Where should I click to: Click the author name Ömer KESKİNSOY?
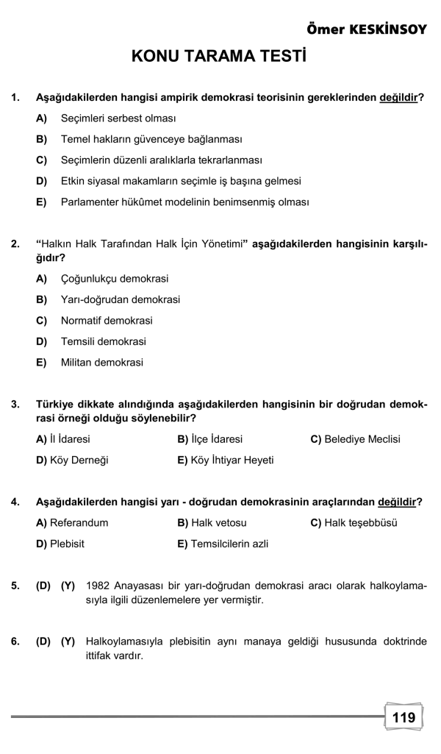[x=365, y=29]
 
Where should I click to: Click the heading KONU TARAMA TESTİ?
[x=219, y=58]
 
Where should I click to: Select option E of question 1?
[x=184, y=202]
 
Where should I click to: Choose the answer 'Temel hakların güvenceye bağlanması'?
[x=151, y=139]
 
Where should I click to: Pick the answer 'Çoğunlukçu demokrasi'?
[x=115, y=279]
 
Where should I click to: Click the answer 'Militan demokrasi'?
[x=102, y=363]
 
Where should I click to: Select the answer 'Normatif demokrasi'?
[x=107, y=321]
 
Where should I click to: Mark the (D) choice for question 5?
[x=43, y=586]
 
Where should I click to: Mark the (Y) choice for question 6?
[x=68, y=641]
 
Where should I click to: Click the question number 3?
[x=15, y=405]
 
